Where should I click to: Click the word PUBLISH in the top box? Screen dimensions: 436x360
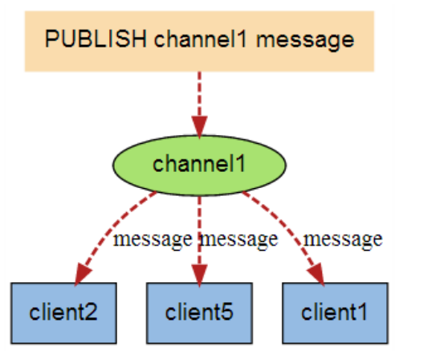[96, 39]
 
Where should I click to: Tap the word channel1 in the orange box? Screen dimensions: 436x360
[200, 39]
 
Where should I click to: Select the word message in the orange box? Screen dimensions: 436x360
[305, 41]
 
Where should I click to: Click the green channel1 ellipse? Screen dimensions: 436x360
[199, 166]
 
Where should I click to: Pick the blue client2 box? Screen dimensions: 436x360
[63, 313]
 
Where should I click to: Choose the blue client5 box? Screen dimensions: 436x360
[199, 313]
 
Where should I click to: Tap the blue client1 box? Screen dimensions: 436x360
[335, 313]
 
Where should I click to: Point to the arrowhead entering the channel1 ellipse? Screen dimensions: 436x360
[199, 128]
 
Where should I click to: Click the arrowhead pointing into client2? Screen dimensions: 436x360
[83, 274]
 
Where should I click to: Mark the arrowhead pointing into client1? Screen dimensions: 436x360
[316, 274]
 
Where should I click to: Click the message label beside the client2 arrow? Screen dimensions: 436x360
[153, 239]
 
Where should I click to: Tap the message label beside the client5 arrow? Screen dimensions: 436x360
[239, 239]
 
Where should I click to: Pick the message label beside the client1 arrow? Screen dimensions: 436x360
[344, 239]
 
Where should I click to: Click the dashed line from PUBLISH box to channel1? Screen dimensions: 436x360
[199, 95]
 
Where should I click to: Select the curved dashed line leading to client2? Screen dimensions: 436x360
[113, 225]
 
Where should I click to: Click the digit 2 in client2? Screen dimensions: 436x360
[90, 312]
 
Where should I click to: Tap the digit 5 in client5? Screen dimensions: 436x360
[226, 312]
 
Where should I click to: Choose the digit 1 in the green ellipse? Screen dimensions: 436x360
[241, 163]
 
